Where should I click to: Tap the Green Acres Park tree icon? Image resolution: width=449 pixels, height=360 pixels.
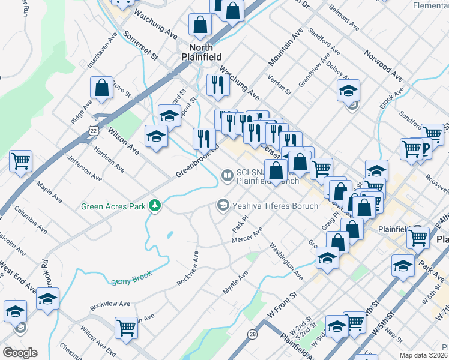coord(155,206)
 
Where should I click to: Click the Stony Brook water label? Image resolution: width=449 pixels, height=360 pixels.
coord(131,278)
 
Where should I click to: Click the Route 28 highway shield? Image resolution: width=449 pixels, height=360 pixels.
coord(252,334)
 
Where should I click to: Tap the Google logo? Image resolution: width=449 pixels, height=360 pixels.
coord(20,352)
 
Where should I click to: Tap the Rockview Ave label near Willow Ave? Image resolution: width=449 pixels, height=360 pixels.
coord(109,305)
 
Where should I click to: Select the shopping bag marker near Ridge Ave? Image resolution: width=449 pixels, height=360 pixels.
coord(103,87)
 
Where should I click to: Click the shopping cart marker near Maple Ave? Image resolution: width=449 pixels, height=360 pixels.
coord(20,160)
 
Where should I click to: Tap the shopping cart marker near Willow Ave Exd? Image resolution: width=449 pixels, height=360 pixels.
coord(126,328)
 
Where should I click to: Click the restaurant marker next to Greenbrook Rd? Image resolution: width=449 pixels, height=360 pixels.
coord(204,139)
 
